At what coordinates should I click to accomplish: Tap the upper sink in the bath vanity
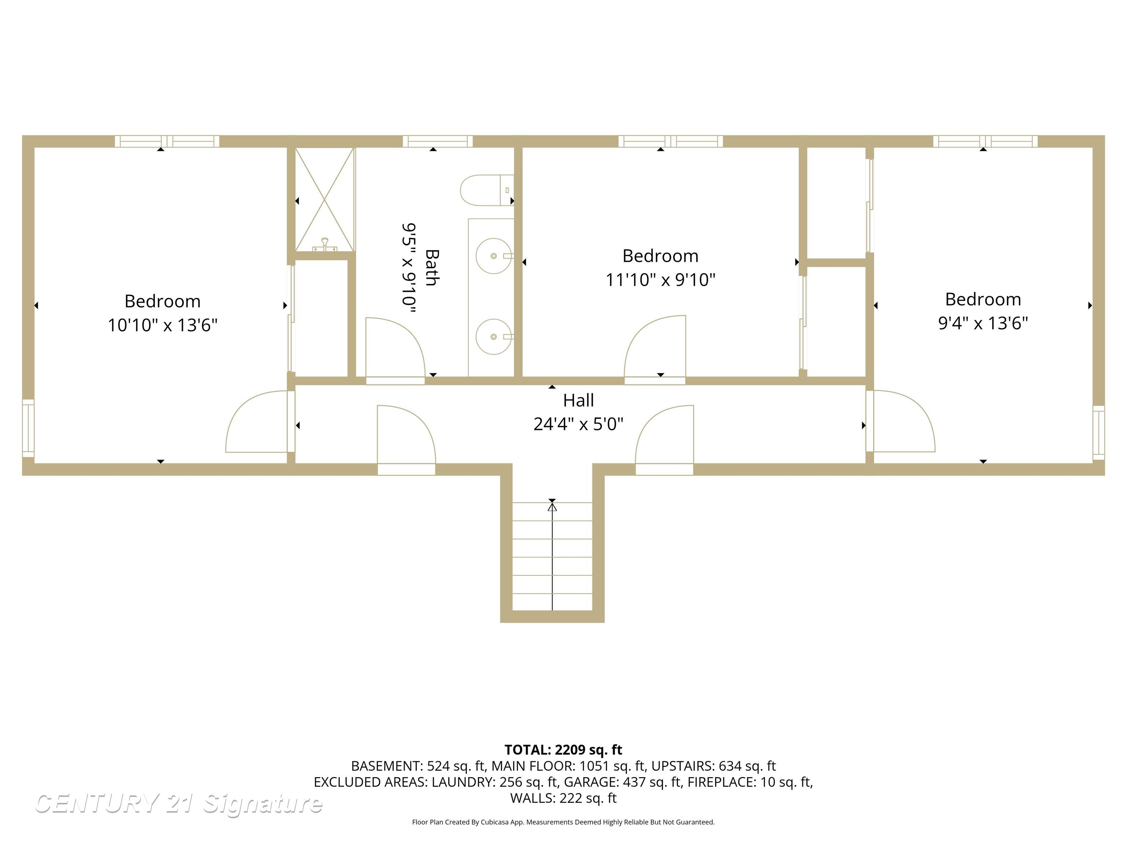coord(493,256)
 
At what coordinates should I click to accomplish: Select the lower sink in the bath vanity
coord(493,336)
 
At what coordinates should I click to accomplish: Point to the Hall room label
coord(578,400)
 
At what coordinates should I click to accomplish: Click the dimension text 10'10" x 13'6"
coord(163,325)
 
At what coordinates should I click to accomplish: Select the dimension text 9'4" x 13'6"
coord(983,323)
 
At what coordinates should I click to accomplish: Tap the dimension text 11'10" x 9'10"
coord(660,279)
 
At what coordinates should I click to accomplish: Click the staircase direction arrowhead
coord(552,506)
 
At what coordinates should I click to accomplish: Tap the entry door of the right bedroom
coord(902,421)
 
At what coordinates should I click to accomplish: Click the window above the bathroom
coord(438,141)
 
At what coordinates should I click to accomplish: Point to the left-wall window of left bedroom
coord(28,428)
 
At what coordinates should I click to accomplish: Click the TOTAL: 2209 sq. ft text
coord(563,750)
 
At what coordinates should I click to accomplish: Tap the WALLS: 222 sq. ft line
coord(563,798)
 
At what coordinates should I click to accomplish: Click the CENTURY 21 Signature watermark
coord(178,804)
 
